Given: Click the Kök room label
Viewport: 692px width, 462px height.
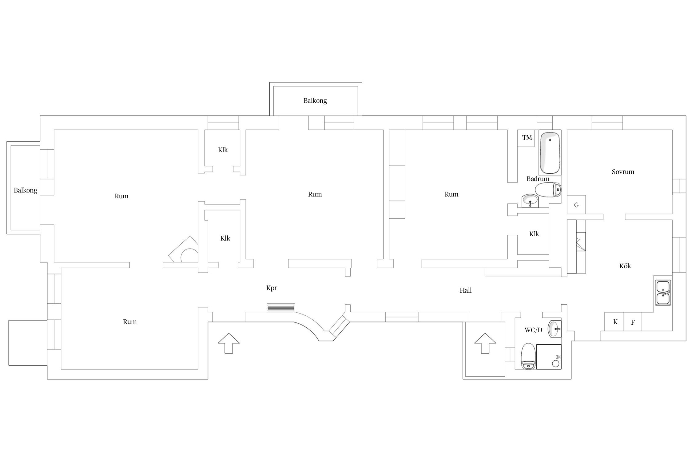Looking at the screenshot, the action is tap(625, 266).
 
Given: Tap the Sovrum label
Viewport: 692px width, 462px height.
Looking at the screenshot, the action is tap(623, 172).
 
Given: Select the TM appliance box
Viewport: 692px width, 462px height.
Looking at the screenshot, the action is tap(527, 138).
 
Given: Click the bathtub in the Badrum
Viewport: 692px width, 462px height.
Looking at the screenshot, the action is tap(550, 153).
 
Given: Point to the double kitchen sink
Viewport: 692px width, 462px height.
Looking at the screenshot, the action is tap(663, 292).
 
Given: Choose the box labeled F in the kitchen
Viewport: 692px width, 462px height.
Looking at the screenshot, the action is tap(633, 322).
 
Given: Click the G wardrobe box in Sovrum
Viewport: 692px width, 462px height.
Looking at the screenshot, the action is tap(576, 205).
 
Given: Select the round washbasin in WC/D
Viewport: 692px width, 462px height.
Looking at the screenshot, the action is tap(555, 329).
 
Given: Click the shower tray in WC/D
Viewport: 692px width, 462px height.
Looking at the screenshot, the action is tap(549, 357).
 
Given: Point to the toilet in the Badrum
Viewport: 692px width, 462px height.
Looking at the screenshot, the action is tap(548, 190).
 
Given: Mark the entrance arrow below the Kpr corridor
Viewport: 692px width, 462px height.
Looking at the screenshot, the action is tap(229, 343).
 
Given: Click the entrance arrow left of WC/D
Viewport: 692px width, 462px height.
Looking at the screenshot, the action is tap(485, 343).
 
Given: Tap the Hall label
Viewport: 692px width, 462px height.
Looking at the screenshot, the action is tap(466, 290).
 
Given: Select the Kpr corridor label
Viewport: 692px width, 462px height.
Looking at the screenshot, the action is tap(272, 288).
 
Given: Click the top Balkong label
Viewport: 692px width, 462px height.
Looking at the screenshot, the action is tap(315, 101).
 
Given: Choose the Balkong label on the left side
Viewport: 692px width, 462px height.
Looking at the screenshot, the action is tap(26, 190).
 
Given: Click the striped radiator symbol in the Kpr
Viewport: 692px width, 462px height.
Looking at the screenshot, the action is tap(281, 308).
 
